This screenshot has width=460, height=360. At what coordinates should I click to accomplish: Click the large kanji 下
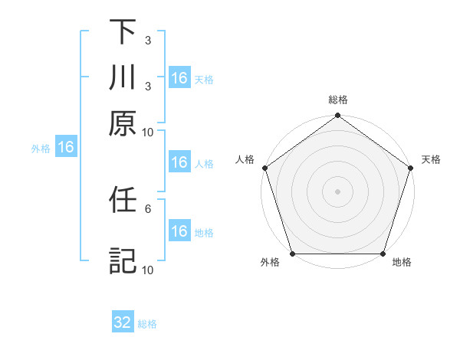123,31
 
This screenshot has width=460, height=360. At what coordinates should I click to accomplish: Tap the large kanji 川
123,77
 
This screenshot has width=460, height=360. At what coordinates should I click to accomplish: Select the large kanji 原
123,123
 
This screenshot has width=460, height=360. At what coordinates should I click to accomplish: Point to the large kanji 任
123,201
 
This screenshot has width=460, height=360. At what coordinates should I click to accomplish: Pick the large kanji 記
123,260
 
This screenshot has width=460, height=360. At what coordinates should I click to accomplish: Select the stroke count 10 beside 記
147,270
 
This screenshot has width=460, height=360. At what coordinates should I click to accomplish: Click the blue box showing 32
123,322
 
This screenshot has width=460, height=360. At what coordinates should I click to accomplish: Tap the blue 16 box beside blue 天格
179,78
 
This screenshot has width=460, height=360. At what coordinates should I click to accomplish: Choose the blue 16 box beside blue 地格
179,231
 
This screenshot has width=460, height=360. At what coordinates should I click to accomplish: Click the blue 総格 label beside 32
147,324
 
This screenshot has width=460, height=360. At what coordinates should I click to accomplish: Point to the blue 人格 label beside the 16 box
204,163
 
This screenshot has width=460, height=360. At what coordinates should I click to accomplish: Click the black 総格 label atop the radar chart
338,100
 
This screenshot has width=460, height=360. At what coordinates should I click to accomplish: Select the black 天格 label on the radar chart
432,159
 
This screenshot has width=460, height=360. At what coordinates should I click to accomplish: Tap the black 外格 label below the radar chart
270,263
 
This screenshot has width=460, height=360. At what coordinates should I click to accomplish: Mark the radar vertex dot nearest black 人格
265,168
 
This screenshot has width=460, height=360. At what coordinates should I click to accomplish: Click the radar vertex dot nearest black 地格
383,254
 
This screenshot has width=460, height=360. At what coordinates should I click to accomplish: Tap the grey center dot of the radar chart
338,191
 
